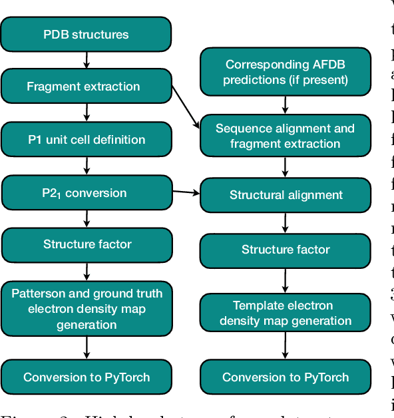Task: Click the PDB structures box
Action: tap(86, 34)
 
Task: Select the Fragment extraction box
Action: tap(86, 87)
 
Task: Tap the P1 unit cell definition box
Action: tap(86, 140)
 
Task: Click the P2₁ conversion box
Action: tap(86, 193)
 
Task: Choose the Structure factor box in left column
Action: tap(86, 244)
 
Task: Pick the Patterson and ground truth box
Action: tap(86, 308)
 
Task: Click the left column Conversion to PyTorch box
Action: tap(86, 377)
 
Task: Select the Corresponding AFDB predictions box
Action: tap(286, 72)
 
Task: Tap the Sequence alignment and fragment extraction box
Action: tap(286, 136)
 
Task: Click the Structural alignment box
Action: tap(286, 195)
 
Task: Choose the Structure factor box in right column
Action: tap(286, 250)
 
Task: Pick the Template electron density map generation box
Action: tap(286, 313)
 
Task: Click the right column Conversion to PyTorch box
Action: tap(286, 377)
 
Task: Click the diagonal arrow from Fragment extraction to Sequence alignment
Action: tap(186, 106)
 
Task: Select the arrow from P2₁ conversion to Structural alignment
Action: tap(186, 192)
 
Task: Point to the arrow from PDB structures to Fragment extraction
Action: tap(87, 60)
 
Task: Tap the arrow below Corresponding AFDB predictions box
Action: tap(286, 104)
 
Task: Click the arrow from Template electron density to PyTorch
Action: tap(286, 346)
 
